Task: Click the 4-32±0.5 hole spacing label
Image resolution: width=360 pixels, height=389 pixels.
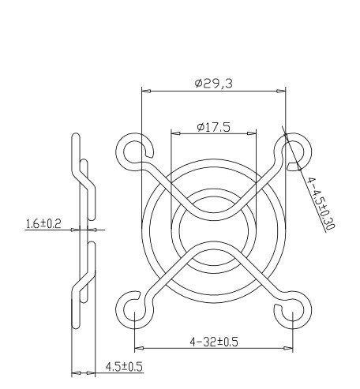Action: tap(214, 342)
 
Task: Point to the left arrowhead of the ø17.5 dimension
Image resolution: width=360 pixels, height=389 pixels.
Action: tap(173, 135)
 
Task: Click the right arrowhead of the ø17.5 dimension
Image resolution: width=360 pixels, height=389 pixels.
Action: tap(255, 135)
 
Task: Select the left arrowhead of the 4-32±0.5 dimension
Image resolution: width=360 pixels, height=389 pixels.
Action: tap(137, 348)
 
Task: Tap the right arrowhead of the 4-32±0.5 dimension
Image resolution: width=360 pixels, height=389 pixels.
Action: tap(293, 348)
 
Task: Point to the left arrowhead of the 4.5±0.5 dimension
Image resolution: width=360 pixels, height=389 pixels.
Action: tap(73, 372)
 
